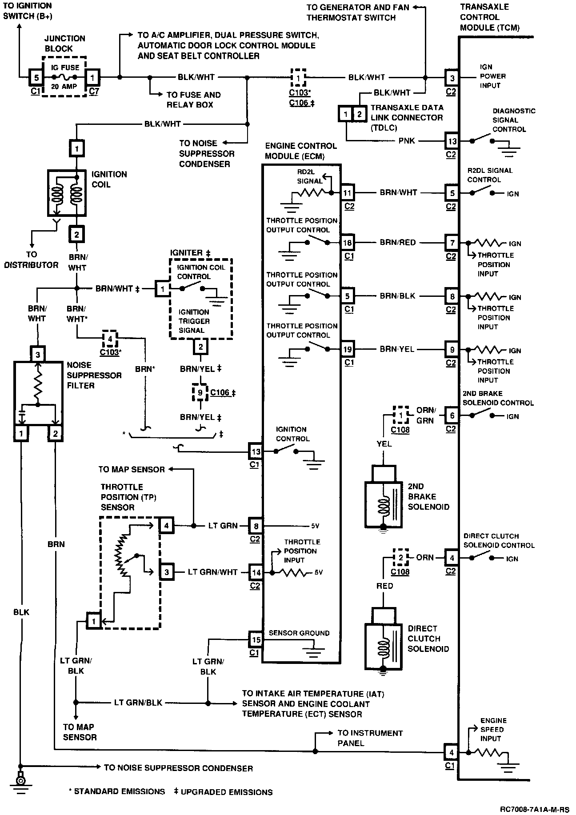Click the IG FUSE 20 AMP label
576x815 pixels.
[65, 77]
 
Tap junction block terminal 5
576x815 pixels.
[36, 77]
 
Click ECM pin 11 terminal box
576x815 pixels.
[347, 193]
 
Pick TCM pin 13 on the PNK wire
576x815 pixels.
[452, 141]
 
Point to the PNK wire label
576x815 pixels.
[407, 141]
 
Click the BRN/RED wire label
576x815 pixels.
[398, 243]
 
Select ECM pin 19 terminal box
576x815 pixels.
[347, 349]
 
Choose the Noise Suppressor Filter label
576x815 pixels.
[94, 375]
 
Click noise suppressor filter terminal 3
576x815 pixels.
[38, 355]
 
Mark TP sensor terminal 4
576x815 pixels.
[166, 526]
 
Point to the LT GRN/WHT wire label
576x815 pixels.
[212, 572]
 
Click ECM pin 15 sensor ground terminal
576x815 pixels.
[256, 640]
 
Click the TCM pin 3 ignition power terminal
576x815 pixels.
[452, 78]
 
